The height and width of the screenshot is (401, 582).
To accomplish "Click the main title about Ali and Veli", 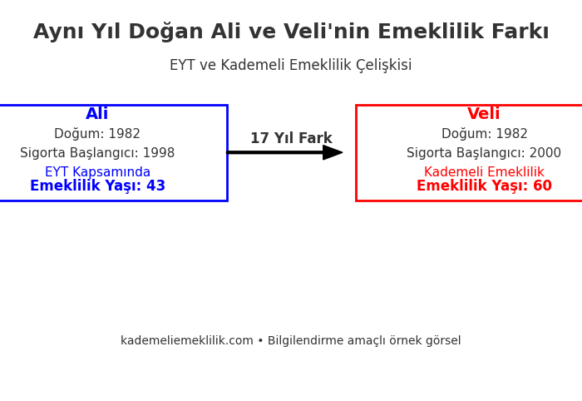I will click(291, 32).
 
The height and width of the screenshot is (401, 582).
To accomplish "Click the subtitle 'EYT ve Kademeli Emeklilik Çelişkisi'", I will click(291, 66).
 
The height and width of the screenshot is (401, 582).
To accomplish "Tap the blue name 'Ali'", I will click(97, 114).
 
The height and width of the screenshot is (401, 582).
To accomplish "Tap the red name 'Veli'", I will click(484, 114).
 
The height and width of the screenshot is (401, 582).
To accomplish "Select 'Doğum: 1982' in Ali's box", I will click(97, 134).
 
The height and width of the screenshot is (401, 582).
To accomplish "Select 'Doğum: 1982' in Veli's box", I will click(484, 134).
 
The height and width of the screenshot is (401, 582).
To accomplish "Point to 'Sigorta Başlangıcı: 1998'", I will click(97, 153).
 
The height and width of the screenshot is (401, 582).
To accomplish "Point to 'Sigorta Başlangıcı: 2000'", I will click(484, 153).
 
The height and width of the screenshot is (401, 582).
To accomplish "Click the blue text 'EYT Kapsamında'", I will click(97, 172).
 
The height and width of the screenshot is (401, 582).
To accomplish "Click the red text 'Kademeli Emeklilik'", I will click(484, 172).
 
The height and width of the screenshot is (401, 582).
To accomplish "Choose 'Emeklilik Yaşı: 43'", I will click(97, 186).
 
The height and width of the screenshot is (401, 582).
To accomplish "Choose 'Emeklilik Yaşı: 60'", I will click(484, 186).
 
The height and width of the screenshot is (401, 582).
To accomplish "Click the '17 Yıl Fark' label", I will click(291, 139).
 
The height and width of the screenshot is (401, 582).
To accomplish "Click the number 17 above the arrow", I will click(259, 139).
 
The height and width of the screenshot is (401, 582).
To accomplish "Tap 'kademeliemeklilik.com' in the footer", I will click(185, 341).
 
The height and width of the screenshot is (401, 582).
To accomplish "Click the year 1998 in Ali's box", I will click(159, 153).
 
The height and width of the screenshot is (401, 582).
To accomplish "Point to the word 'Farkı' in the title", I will click(520, 32).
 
